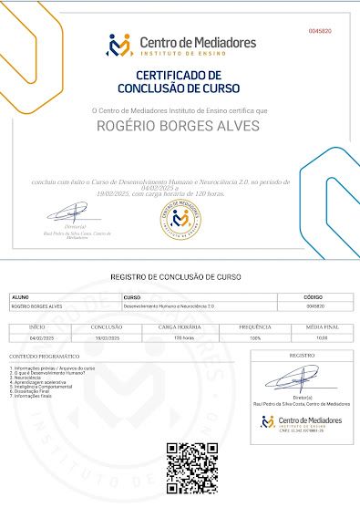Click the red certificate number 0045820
point(320,31)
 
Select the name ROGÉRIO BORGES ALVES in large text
point(179,125)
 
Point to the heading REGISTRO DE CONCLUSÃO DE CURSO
point(176,276)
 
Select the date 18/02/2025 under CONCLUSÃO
point(107,337)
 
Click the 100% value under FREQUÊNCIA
point(255,337)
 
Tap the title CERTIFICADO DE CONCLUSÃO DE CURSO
point(179,82)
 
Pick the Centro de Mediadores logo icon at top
point(119,45)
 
